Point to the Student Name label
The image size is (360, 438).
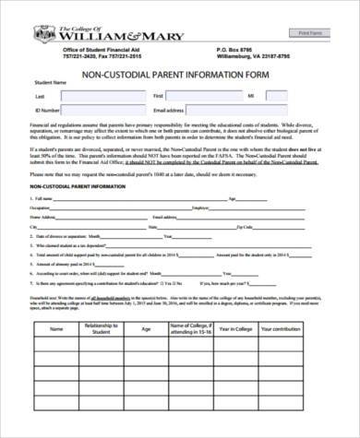[x=51, y=83]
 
